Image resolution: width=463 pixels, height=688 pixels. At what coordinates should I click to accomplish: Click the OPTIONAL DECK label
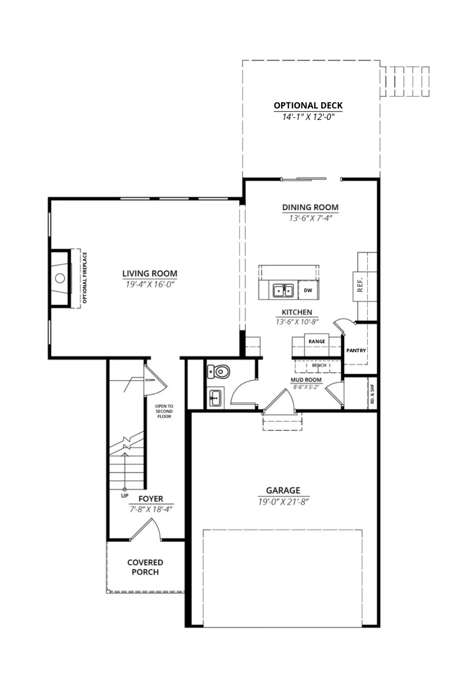(308, 105)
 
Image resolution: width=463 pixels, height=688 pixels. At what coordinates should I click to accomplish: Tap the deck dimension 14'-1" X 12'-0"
(308, 117)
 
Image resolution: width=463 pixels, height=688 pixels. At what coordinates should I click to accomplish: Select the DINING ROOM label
(310, 207)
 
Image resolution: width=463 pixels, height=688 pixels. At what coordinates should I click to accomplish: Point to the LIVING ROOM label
(150, 273)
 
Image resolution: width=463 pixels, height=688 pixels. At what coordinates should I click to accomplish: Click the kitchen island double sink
(283, 290)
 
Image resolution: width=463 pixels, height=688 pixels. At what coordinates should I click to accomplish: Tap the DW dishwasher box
(308, 290)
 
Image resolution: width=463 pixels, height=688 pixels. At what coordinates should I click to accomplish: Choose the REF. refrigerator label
(360, 285)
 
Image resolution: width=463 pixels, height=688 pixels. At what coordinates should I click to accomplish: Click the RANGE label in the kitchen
(317, 341)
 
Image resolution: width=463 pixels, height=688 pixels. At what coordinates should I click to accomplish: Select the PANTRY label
(356, 350)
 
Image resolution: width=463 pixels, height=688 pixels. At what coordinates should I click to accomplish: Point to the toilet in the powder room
(219, 372)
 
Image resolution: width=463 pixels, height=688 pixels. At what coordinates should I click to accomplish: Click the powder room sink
(215, 398)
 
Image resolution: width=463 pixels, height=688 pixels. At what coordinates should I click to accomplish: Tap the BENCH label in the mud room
(319, 365)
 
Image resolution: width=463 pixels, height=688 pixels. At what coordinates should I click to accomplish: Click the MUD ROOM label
(306, 380)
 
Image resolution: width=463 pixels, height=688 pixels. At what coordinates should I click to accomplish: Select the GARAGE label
(283, 490)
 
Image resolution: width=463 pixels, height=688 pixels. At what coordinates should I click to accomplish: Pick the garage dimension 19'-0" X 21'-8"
(283, 502)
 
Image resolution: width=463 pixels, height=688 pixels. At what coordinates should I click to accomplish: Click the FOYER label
(151, 498)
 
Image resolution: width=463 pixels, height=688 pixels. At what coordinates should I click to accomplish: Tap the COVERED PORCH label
(145, 567)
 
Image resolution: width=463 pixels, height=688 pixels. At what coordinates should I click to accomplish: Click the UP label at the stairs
(125, 496)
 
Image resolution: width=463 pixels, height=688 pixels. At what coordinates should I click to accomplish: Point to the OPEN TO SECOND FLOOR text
(164, 411)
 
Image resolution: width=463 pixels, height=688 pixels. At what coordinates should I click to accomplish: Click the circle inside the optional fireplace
(60, 278)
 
